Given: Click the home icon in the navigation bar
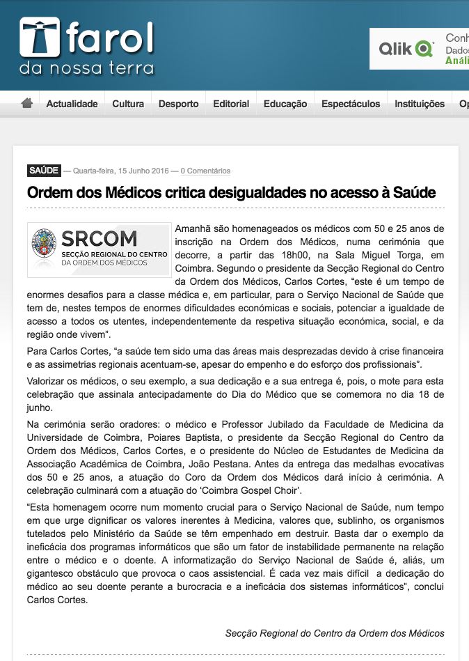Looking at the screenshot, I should tap(27, 103).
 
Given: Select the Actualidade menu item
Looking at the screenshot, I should tap(72, 104).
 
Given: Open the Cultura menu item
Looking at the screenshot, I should tap(128, 104).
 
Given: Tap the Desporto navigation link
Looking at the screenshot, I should tap(178, 104).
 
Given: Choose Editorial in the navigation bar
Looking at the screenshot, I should tap(231, 104).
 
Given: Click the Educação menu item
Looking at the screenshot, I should tap(285, 104).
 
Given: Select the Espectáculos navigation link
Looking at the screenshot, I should tap(351, 104).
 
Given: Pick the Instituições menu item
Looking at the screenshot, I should tap(420, 104).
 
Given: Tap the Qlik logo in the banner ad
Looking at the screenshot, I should tap(406, 49).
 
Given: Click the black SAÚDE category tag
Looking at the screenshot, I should tap(43, 171).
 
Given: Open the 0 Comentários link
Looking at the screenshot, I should tap(205, 171).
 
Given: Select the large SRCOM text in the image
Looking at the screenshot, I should tap(100, 238).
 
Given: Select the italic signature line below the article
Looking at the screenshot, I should tap(335, 633).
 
